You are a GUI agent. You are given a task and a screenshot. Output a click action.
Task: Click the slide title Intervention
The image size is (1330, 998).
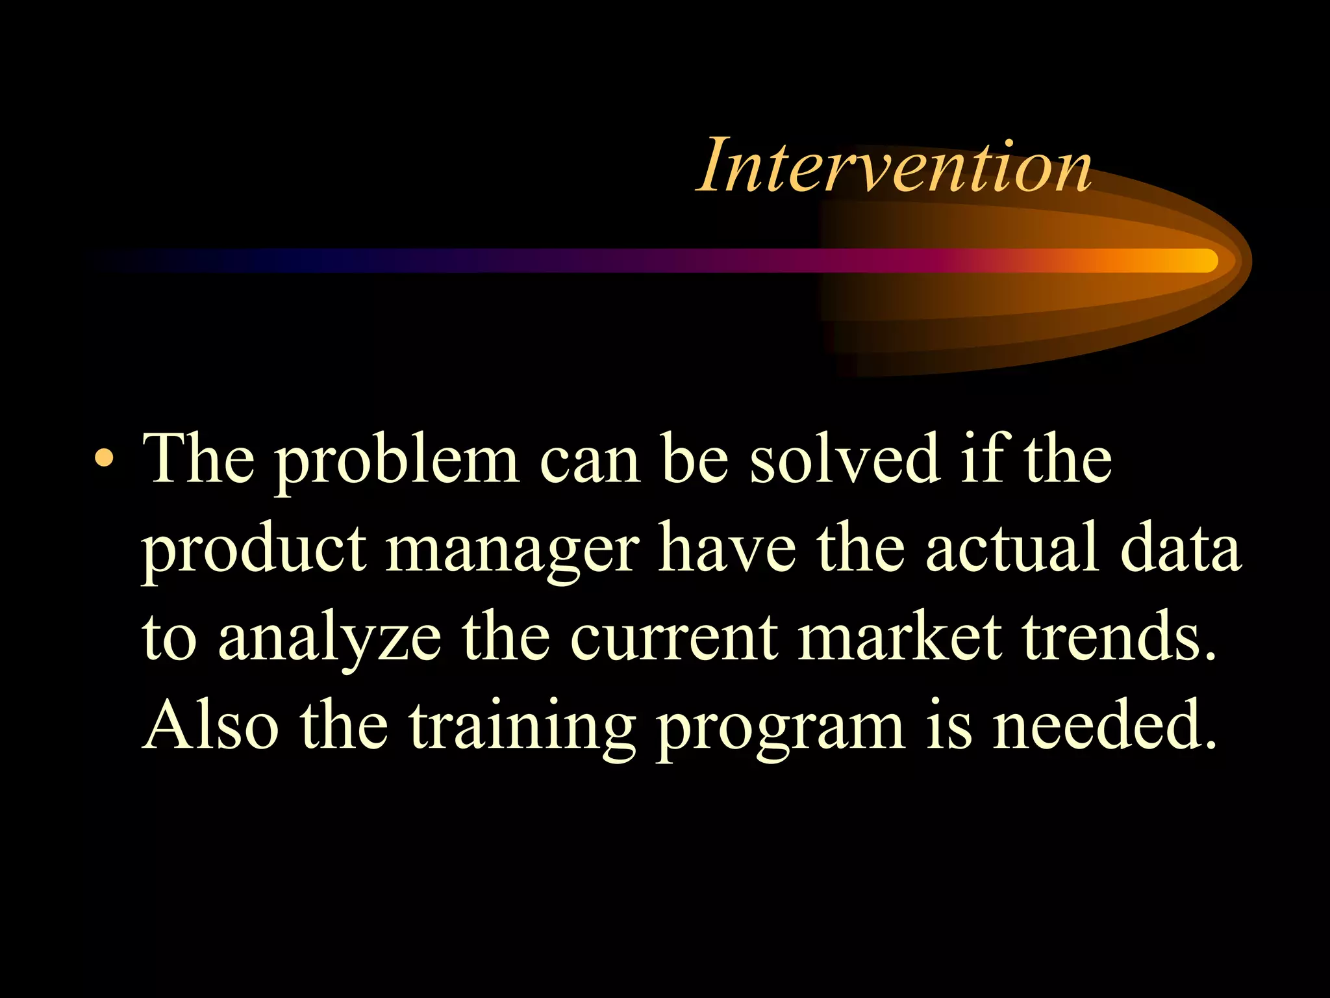pos(895,166)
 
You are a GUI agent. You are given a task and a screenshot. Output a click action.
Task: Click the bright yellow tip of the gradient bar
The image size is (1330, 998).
pos(1201,261)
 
